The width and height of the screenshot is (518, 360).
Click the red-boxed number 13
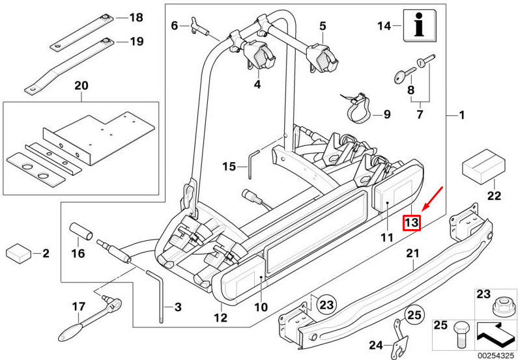tap(411, 223)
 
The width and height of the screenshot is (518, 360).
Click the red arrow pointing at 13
tap(433, 199)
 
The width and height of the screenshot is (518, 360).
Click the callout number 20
tap(80, 86)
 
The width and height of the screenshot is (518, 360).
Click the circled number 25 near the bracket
tap(414, 316)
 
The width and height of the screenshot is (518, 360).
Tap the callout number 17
tap(78, 306)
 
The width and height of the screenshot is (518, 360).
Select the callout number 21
tap(412, 253)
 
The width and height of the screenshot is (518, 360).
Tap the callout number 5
tap(322, 26)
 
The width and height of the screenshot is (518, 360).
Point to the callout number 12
tap(220, 318)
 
